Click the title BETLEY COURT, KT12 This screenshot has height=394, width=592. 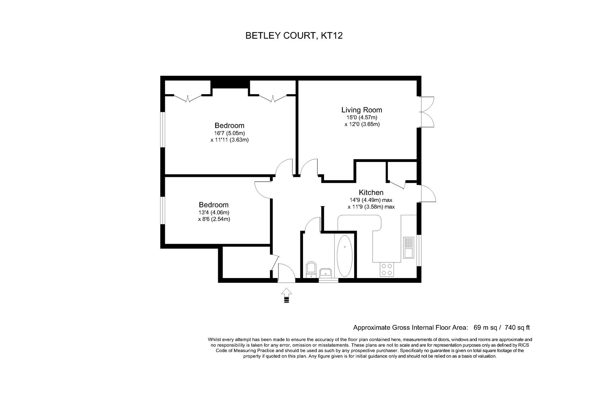tap(294, 36)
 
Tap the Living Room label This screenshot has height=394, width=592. tap(361, 110)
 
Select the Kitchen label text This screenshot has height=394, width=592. tap(371, 192)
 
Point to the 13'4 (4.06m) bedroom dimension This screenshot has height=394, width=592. tap(214, 212)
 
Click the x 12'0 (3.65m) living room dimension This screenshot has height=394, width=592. tap(362, 124)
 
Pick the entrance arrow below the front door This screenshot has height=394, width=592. tap(286, 295)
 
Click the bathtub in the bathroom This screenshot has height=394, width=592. tap(344, 255)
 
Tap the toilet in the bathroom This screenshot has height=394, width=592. tap(311, 269)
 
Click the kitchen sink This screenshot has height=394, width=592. tap(408, 247)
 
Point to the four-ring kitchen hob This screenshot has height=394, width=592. tap(387, 269)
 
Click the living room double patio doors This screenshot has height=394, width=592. tap(426, 112)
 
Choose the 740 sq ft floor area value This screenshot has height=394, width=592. tap(515, 327)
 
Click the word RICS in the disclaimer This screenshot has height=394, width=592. tap(523, 345)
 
